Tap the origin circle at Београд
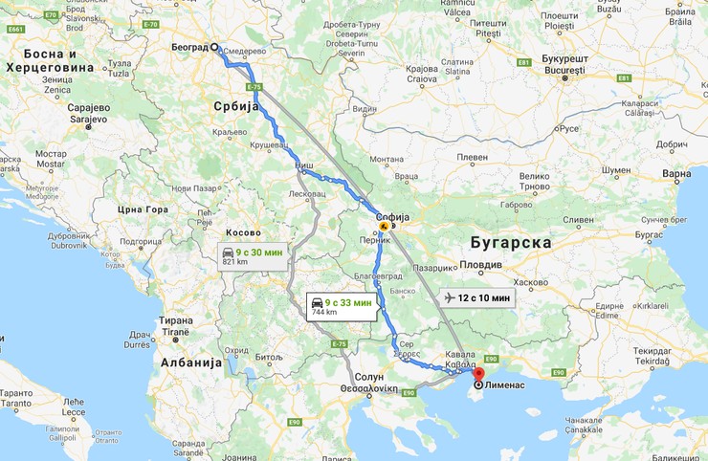pos(216,47)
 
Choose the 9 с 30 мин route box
pos(253,256)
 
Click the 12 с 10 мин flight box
pos(477,297)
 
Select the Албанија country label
pos(191,362)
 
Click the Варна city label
pos(676,175)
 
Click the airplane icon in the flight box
pos(451,297)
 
